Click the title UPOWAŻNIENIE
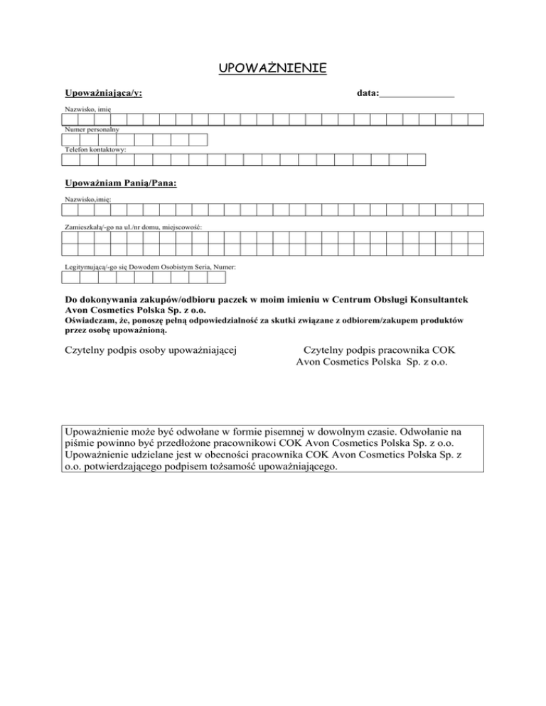point(272,68)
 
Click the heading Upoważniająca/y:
point(102,94)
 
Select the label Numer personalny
point(92,130)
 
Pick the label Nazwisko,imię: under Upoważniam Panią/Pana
point(87,200)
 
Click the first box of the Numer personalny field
point(70,139)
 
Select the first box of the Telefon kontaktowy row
point(70,159)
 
